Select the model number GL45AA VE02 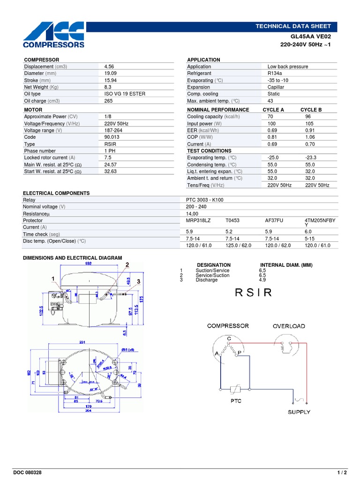point(311,36)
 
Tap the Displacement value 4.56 point(109,67)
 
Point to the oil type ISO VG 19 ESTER point(125,94)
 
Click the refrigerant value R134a point(275,74)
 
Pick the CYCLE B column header point(311,110)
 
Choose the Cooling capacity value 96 point(308,117)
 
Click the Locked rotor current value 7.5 point(108,158)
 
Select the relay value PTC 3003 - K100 point(205,200)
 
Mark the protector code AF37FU point(275,220)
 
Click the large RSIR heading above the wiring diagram point(253,293)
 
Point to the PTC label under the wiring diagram point(236,401)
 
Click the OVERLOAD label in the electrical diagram point(289,326)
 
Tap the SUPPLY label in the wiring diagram point(299,412)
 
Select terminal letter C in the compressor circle point(229,338)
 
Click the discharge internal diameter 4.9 point(262,280)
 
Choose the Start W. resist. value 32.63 point(110,172)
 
